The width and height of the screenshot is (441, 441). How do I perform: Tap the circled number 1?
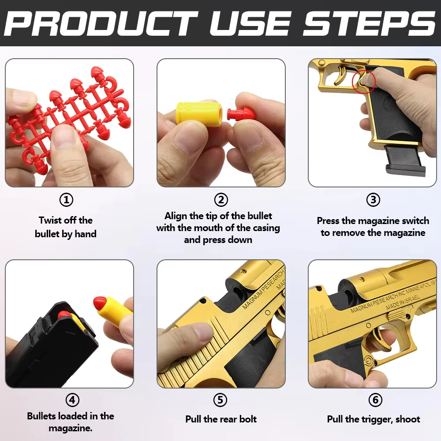[67, 200]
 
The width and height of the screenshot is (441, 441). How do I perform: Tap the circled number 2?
[221, 200]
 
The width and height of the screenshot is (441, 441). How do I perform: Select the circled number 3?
[373, 200]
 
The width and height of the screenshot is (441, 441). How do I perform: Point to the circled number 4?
[72, 400]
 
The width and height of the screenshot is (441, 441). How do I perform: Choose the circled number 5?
[220, 400]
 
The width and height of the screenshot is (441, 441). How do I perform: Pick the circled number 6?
[375, 400]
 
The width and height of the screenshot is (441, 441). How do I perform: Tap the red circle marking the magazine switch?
[364, 81]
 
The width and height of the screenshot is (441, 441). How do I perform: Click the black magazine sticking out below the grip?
[404, 160]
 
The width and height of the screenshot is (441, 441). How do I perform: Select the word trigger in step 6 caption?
[374, 419]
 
